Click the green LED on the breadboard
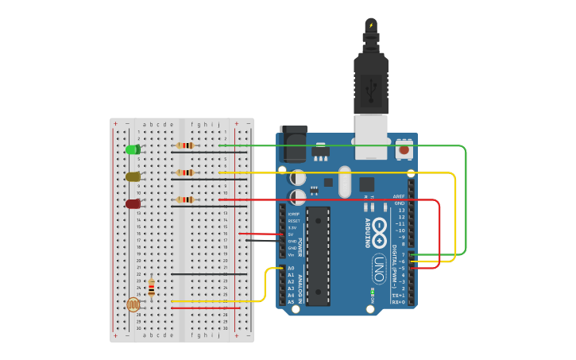[x=133, y=149]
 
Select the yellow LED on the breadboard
[x=133, y=176]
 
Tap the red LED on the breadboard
[x=133, y=204]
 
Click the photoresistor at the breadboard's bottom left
[x=133, y=304]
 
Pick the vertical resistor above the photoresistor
[x=151, y=287]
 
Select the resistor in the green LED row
[x=185, y=145]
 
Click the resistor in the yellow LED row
[x=185, y=172]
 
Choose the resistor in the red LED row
[x=185, y=199]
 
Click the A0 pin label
[x=291, y=269]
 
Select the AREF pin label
[x=400, y=196]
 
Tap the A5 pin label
[x=291, y=302]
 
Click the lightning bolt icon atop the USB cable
[x=371, y=25]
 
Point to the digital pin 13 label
[x=401, y=210]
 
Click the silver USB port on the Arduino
[x=371, y=135]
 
